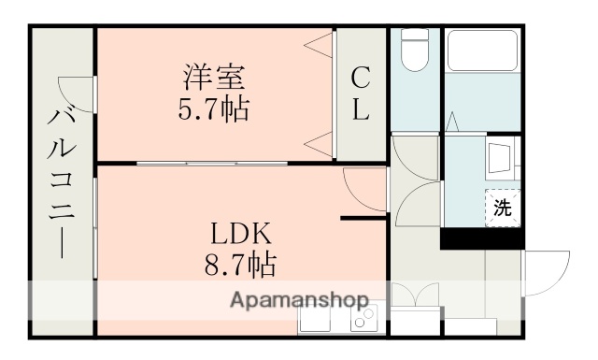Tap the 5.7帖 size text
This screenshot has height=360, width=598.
pos(214,109)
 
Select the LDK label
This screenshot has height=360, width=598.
pos(239,232)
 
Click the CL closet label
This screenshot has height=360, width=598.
pos(361,93)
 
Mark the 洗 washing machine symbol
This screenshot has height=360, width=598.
pos(503,207)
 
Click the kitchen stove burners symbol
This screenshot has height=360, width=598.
pos(362,319)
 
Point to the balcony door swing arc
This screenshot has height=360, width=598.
pos(75,94)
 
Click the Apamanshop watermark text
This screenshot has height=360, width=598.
pos(298,301)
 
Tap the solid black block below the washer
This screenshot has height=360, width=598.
pos(480,238)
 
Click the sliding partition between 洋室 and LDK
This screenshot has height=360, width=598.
pos(215,163)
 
